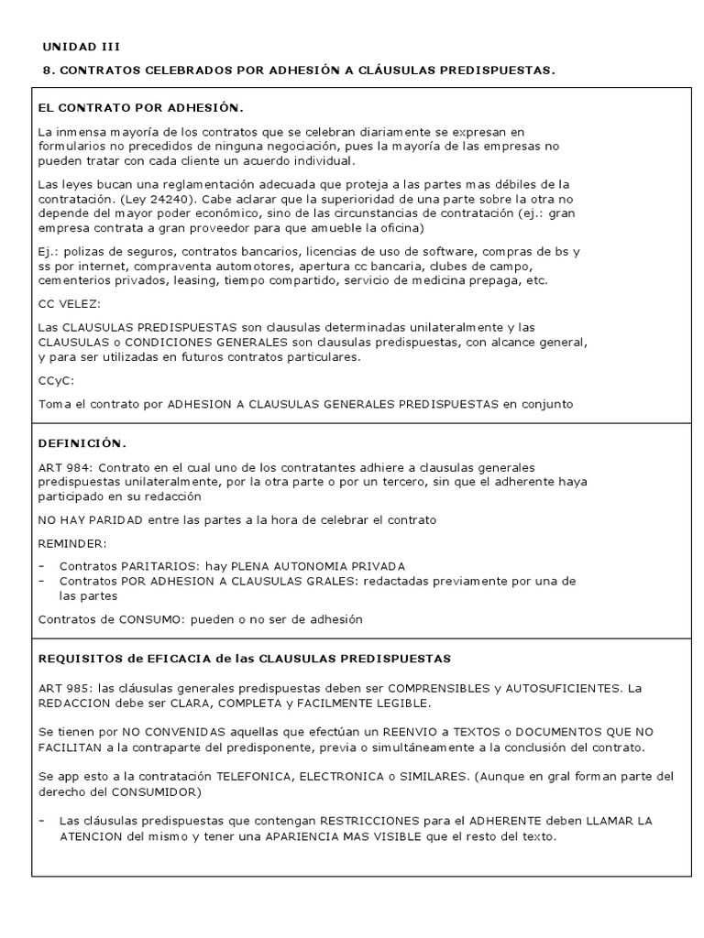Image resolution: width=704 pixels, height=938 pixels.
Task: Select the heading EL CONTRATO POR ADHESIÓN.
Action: click(141, 107)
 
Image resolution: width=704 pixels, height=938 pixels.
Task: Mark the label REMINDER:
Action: click(72, 543)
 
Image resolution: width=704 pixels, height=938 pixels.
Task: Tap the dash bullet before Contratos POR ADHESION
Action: click(42, 581)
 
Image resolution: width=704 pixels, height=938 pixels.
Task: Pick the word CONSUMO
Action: click(147, 619)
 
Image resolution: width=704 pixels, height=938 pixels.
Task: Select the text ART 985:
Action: click(65, 688)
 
